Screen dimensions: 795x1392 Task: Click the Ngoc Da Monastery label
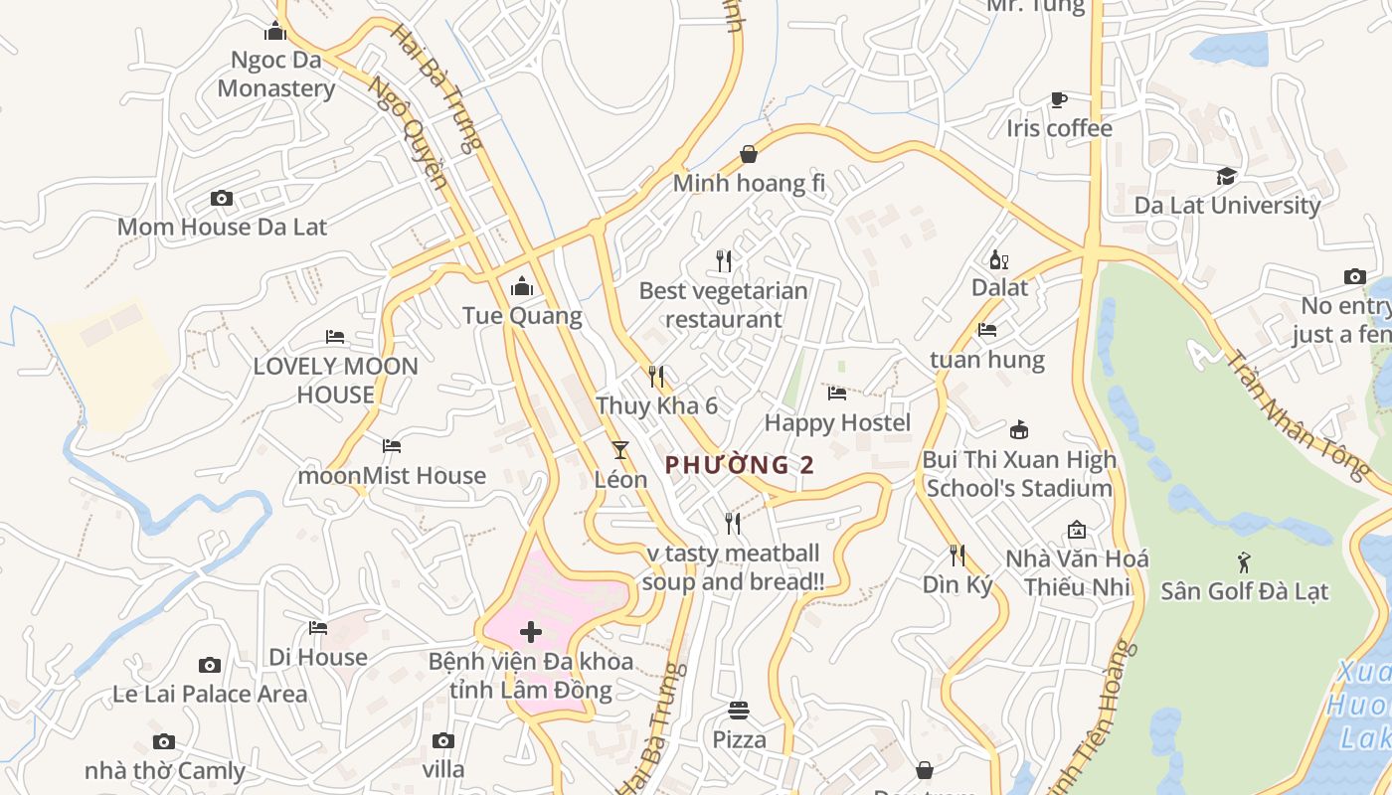(275, 74)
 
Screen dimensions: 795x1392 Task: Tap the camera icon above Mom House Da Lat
(222, 199)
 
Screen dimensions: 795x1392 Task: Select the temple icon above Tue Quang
(521, 287)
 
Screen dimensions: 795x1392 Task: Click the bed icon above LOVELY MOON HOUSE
(335, 337)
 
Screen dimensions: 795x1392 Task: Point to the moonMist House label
(392, 476)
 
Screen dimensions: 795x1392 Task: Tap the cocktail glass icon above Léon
(620, 450)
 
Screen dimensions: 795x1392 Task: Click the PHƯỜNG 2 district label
(740, 465)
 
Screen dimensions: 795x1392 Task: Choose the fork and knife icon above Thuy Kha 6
(655, 377)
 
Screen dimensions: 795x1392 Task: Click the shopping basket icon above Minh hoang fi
(749, 154)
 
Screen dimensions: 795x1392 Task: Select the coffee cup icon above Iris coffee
(1058, 99)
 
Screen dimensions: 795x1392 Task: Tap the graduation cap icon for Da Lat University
(1227, 176)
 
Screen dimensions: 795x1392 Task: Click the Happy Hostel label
(837, 423)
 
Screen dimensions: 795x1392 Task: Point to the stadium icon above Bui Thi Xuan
(1018, 430)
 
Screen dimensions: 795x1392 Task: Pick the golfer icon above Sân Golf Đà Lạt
(1244, 562)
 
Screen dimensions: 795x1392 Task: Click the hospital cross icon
(531, 632)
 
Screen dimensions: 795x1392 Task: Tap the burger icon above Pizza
(739, 711)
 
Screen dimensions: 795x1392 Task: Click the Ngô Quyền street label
(408, 134)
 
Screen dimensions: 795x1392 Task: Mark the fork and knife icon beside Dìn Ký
(957, 556)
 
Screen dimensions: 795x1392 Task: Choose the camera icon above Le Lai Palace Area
(209, 665)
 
